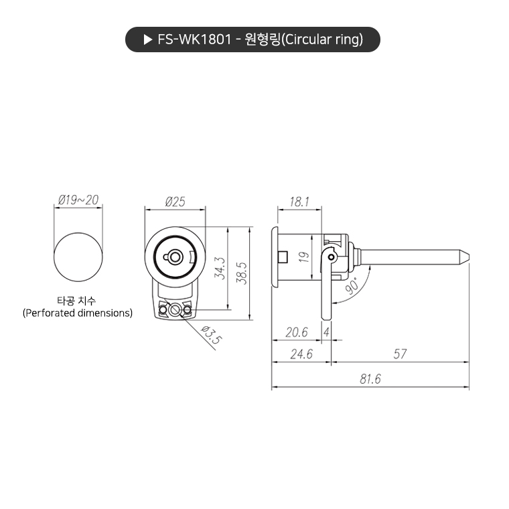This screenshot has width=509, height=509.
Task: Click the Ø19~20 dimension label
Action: point(78,200)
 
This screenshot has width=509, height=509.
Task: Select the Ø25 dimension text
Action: point(174,201)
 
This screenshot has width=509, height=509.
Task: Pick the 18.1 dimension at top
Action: point(299,201)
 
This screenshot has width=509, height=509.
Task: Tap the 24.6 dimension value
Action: point(301,354)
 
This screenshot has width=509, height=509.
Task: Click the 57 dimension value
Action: point(400,354)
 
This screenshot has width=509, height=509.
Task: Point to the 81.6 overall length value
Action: point(370,379)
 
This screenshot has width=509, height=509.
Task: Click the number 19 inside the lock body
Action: point(302,256)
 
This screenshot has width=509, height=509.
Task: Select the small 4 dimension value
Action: point(326,332)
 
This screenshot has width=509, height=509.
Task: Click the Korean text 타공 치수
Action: point(78,301)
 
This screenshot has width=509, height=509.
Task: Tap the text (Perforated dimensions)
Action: point(78,313)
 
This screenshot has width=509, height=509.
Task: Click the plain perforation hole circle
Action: point(79,257)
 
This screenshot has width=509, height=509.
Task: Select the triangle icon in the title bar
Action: point(148,40)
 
